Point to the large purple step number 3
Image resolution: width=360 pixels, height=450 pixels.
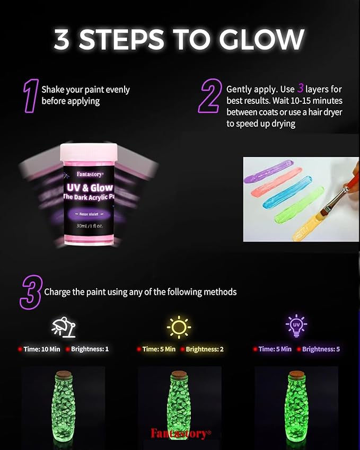30,292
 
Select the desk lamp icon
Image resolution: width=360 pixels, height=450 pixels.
63,327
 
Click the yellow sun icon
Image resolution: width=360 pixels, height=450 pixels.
179,327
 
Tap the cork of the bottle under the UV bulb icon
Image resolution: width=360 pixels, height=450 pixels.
296,374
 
